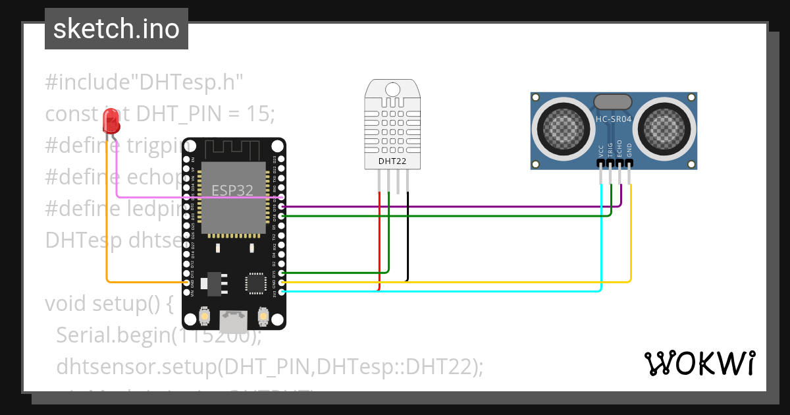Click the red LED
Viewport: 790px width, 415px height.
tap(111, 121)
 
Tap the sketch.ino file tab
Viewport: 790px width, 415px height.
tap(117, 29)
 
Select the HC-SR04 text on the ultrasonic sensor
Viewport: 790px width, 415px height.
tap(613, 119)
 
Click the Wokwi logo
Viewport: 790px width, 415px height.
tap(699, 363)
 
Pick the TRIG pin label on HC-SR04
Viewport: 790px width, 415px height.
tap(610, 150)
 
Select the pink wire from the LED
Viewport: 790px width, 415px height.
tap(197, 197)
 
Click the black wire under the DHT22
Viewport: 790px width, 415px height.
tap(408, 237)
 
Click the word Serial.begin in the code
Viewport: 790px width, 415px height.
tap(112, 335)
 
